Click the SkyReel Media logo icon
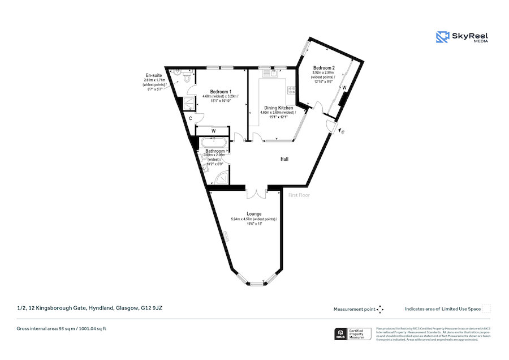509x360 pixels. point(442,37)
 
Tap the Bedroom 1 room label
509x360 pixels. point(221,92)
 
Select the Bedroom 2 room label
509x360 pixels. point(323,67)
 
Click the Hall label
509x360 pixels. point(284,160)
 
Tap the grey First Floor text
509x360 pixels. point(299,195)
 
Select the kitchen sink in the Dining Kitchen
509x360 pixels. point(268,72)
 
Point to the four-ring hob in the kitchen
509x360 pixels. point(292,90)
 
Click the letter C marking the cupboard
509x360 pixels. point(191,118)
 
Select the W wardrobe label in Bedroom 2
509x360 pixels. point(344,87)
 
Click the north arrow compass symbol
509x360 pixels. point(343,131)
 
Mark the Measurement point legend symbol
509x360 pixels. point(380,309)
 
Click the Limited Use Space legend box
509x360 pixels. point(486,309)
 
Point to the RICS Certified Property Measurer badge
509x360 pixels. point(351,334)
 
